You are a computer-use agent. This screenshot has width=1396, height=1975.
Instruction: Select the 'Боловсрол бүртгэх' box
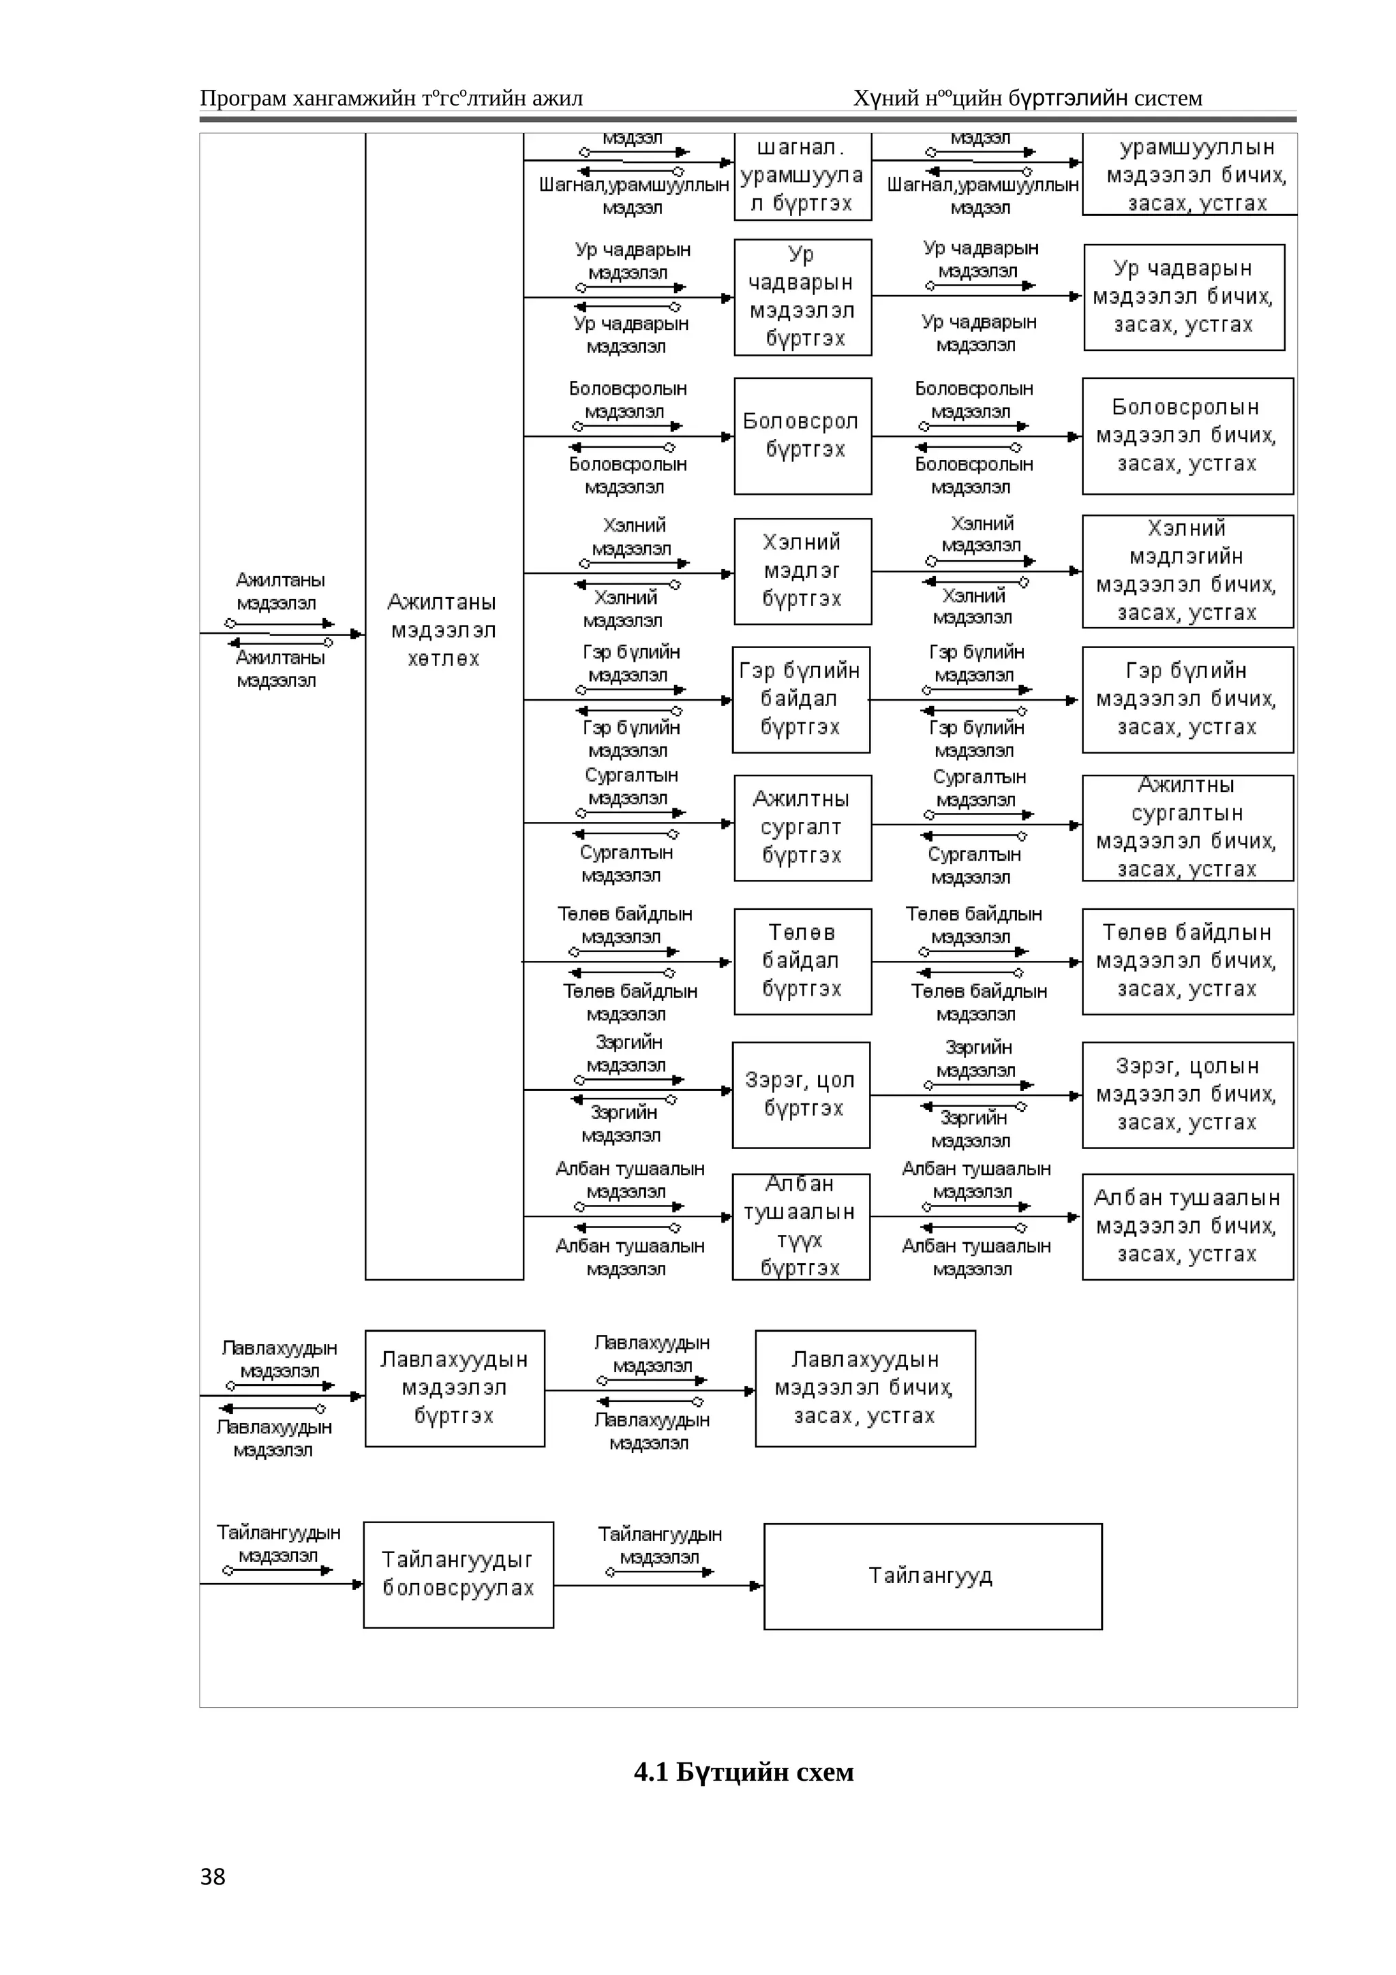[802, 435]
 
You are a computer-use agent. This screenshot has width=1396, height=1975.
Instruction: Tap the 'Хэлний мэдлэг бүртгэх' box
[802, 571]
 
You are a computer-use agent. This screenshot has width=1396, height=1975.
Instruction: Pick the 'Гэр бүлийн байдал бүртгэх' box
[800, 699]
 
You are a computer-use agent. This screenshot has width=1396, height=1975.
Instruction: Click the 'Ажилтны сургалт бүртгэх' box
[802, 827]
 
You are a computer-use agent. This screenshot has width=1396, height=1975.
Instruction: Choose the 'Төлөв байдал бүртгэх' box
[802, 961]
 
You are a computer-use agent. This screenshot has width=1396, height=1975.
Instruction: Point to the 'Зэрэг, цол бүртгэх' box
[800, 1094]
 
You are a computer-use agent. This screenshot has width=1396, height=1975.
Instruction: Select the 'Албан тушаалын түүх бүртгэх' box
[800, 1227]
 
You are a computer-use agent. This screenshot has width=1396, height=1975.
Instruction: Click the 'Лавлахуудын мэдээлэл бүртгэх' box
[454, 1388]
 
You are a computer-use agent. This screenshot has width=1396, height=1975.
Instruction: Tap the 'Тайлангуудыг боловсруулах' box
[457, 1574]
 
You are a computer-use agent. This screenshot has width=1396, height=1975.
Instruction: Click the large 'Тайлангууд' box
[932, 1576]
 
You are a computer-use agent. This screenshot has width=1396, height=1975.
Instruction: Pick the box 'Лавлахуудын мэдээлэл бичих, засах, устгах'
[864, 1388]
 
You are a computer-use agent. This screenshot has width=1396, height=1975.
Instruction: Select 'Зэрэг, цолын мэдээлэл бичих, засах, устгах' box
[1187, 1094]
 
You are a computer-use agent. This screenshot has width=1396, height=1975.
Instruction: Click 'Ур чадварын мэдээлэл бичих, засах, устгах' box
[1183, 296]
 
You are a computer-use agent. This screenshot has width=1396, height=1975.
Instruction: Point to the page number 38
[213, 1876]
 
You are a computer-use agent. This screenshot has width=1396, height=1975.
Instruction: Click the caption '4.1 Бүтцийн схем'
[743, 1771]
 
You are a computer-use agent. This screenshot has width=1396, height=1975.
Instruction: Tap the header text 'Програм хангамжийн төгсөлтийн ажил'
[391, 98]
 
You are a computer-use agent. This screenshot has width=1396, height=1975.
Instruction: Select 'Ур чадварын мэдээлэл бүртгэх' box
[802, 296]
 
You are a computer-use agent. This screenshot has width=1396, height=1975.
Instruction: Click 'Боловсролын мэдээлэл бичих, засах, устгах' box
[1187, 435]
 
